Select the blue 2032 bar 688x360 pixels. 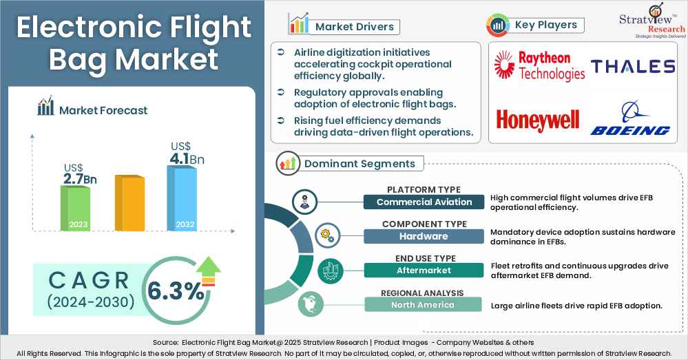(x=185, y=198)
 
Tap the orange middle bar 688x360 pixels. (x=129, y=203)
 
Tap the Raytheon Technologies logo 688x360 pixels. (x=540, y=66)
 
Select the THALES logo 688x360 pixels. (x=632, y=66)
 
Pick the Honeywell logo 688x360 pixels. (x=538, y=120)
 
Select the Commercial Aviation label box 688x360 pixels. (x=424, y=202)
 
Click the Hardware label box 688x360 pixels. (x=424, y=236)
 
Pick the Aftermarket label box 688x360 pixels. (x=424, y=271)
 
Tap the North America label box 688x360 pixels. (x=424, y=305)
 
